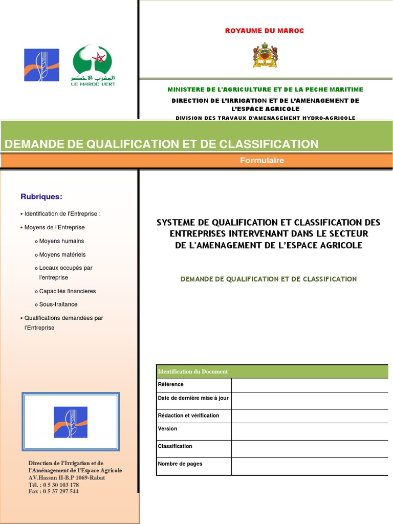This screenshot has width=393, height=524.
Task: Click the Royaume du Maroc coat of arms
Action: (x=265, y=56)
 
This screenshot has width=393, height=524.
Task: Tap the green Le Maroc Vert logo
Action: (x=93, y=65)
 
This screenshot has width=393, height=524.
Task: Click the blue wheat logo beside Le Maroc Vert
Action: (x=41, y=65)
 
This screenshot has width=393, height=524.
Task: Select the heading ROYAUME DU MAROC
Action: (x=265, y=31)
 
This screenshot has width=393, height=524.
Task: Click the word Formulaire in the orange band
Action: (x=262, y=161)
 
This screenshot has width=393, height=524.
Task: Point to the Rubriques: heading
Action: (x=41, y=196)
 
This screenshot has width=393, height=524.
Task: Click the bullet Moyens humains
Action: (x=61, y=241)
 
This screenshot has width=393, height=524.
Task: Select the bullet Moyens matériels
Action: (x=62, y=254)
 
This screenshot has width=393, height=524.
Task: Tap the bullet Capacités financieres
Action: (x=68, y=291)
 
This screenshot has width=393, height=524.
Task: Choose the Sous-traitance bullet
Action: (x=58, y=304)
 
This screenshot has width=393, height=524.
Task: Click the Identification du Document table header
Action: (x=193, y=372)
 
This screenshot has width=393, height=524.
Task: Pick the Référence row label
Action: (x=171, y=384)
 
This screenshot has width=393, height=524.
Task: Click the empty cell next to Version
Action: (x=310, y=431)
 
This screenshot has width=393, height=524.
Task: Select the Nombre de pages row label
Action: (x=180, y=464)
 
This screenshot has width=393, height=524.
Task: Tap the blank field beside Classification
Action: (x=310, y=449)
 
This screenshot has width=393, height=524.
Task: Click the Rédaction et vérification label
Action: (x=188, y=416)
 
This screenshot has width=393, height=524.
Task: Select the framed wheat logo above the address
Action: (x=71, y=422)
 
